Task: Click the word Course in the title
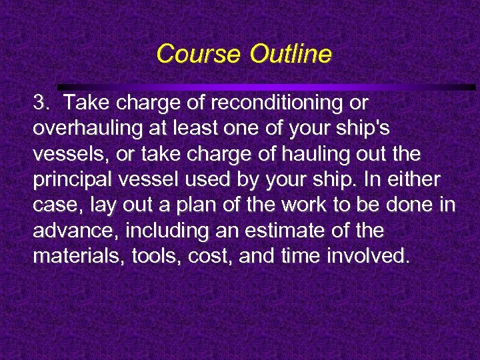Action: click(199, 54)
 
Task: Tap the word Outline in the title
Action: click(290, 54)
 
